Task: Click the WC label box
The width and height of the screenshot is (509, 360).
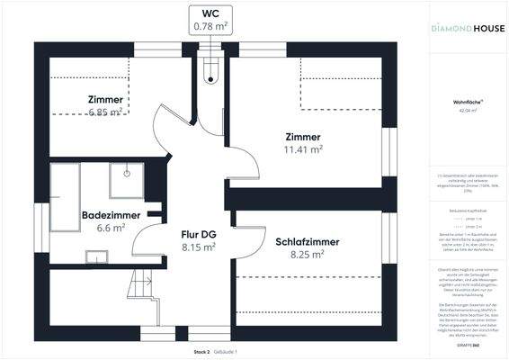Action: pos(211,20)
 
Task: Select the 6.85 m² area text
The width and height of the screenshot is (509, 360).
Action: pos(105,112)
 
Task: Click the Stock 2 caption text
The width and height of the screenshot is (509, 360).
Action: pos(201,351)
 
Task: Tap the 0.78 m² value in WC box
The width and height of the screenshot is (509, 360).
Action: pos(211,27)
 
